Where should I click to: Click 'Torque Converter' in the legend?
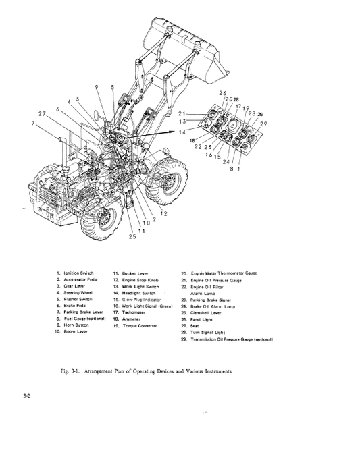140,325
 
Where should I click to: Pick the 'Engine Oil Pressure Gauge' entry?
215,279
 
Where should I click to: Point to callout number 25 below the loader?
132,236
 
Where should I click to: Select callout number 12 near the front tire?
163,213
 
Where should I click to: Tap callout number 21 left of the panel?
182,113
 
